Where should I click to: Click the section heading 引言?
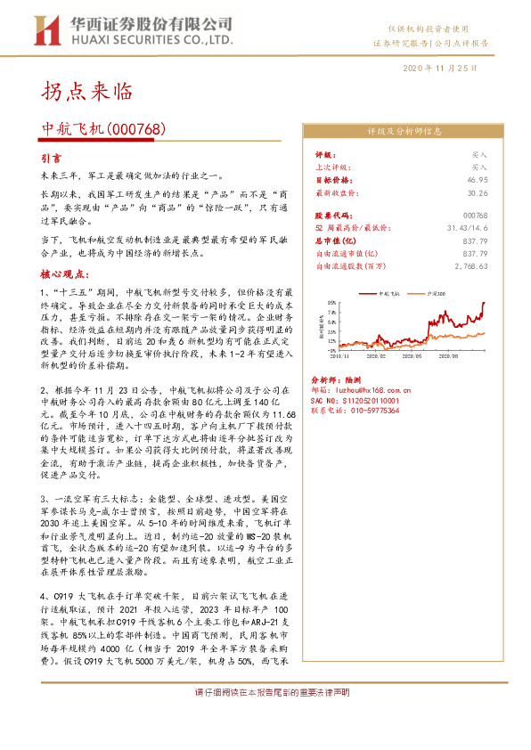coord(53,157)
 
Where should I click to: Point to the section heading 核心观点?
coord(63,274)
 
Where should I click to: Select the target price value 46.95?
coord(478,179)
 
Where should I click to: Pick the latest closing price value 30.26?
coord(478,192)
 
